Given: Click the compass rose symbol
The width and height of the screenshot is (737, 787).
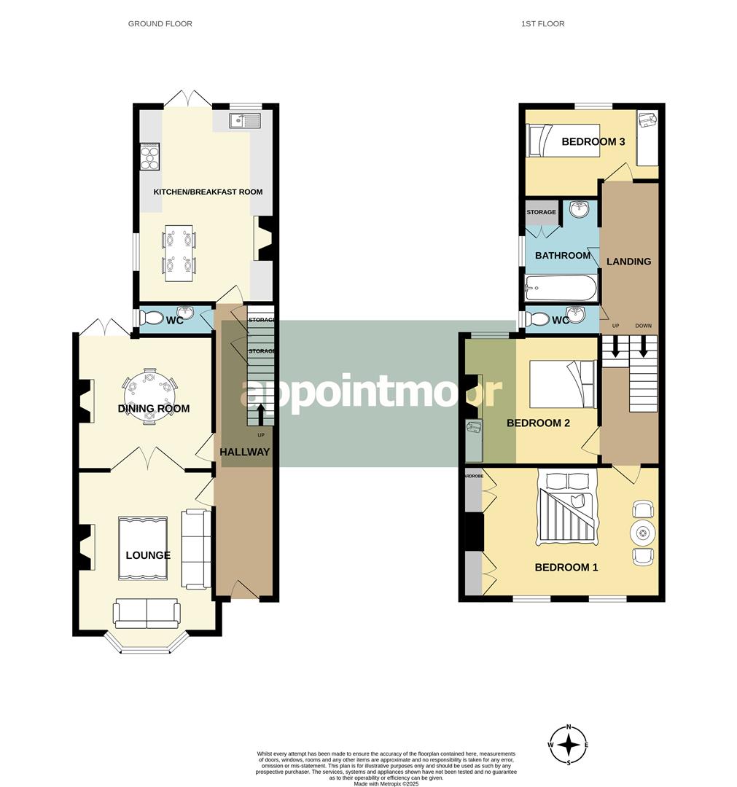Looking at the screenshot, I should (569, 745).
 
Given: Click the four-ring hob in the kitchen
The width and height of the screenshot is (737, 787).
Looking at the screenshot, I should (150, 156).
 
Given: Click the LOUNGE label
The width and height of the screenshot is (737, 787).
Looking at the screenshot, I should (148, 555).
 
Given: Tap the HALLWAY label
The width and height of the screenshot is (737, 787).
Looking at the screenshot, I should (245, 452).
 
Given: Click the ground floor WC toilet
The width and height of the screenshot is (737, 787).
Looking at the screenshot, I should (152, 318).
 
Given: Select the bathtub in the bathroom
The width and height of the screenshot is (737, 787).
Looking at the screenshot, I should (561, 290).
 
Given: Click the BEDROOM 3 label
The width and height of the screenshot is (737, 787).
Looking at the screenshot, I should (593, 142).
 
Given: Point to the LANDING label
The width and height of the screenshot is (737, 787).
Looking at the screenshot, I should (628, 262).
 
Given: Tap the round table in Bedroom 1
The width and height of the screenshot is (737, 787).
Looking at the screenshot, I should (643, 533).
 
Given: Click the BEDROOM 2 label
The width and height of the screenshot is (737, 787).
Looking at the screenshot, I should (538, 423).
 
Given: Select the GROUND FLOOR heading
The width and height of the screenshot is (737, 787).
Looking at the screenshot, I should (160, 24).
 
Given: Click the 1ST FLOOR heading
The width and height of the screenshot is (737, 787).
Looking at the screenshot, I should (542, 24).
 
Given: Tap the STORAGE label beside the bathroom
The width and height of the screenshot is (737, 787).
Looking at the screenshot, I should (541, 213).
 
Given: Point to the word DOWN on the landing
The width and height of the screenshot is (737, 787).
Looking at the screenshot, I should (643, 326).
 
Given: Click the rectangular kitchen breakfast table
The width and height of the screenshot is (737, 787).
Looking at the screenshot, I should (179, 253).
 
